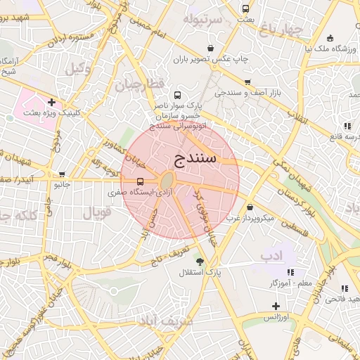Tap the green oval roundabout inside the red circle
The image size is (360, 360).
tap(169, 181)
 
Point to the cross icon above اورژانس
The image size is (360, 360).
tap(276, 306)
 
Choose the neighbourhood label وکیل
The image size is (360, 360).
tap(79, 69)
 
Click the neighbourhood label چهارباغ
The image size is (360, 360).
tap(279, 29)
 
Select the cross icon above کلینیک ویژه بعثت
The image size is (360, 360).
tap(51, 102)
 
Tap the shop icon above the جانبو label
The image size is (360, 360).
tap(63, 174)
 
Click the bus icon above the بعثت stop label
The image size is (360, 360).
tap(245, 8)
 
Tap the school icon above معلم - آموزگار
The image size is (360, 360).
tap(290, 272)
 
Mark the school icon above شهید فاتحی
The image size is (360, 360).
tap(345, 288)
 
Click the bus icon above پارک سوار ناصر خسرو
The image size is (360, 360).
tap(177, 94)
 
